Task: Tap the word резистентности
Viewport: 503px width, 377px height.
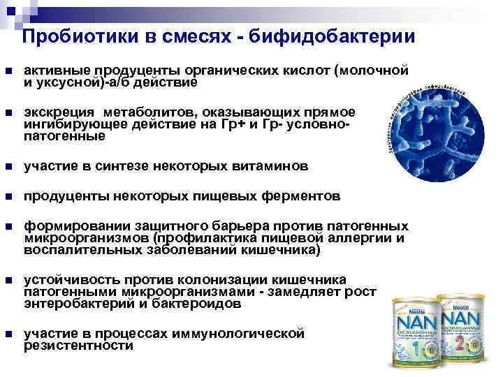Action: pos(78,345)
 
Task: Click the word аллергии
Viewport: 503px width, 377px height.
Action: pos(367,238)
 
